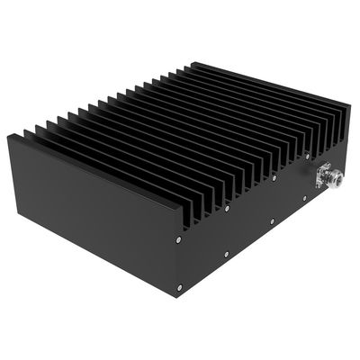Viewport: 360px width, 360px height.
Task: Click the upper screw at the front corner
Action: click(180, 241)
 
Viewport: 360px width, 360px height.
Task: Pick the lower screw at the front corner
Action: click(179, 287)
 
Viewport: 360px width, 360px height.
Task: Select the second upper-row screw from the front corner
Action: click(227, 209)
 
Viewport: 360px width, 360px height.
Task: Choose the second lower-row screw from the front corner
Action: click(227, 255)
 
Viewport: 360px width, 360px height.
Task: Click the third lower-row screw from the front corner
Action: click(271, 221)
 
